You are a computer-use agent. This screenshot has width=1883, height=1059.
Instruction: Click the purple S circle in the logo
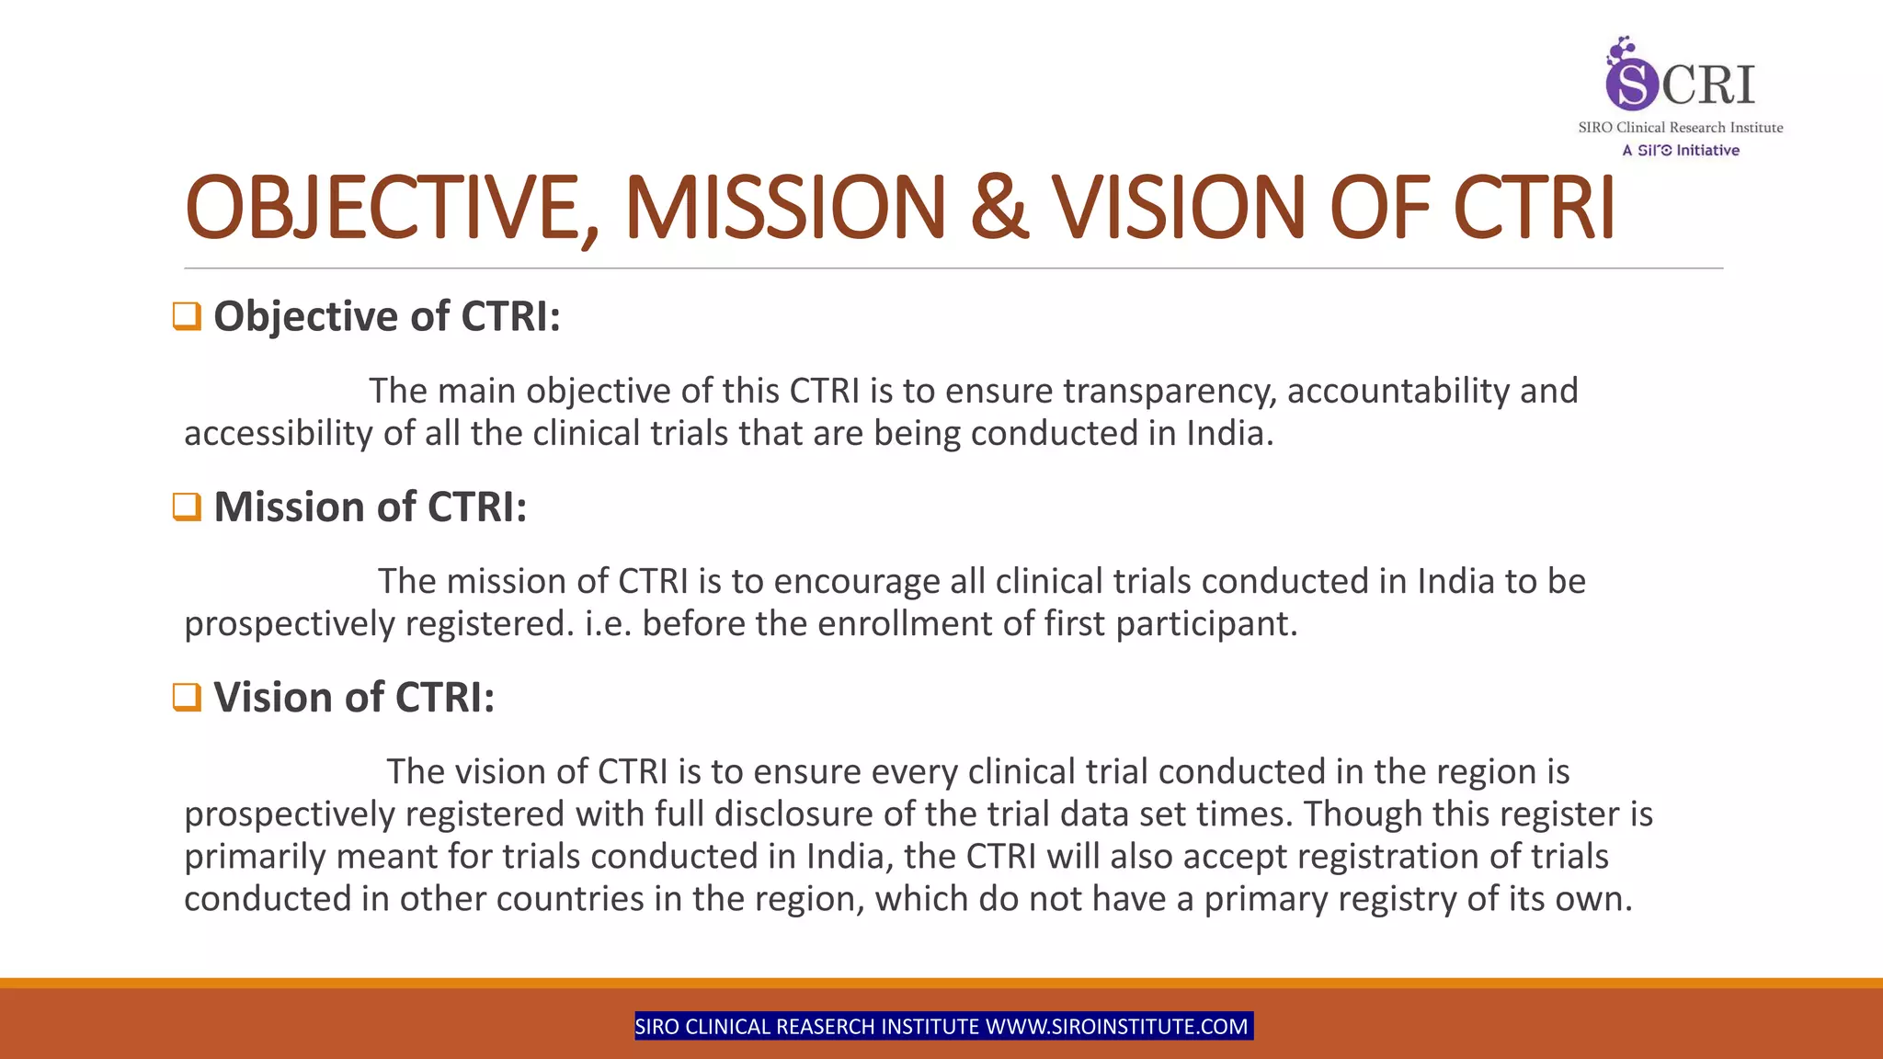(x=1631, y=83)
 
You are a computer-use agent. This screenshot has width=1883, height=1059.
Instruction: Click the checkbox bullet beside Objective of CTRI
(x=187, y=316)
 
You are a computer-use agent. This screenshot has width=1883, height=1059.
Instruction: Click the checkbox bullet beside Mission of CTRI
(x=187, y=507)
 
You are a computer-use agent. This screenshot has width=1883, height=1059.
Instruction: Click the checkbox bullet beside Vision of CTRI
(x=187, y=697)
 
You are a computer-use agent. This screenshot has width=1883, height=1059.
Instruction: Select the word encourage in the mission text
(x=856, y=582)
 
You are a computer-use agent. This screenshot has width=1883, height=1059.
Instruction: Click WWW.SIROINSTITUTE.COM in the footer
(x=1116, y=1027)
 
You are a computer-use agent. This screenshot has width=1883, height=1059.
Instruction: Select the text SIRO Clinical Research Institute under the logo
(x=1680, y=128)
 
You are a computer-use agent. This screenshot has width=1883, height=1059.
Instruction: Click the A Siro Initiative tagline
(x=1680, y=150)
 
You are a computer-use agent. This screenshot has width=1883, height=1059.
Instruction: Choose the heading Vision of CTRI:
(x=354, y=697)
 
